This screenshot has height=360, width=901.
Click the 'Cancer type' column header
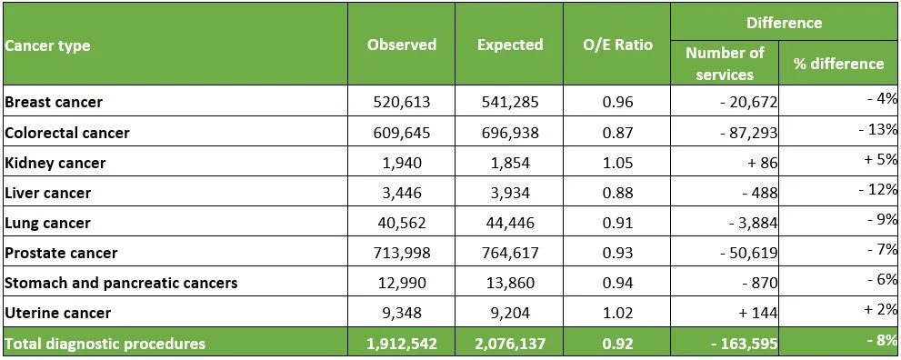point(47,45)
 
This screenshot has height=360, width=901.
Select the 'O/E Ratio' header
point(617,45)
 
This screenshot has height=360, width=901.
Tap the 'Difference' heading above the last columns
point(784,23)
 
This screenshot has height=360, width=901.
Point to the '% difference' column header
point(838,64)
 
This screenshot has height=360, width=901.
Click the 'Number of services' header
point(725,64)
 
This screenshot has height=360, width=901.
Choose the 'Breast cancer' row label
point(54,102)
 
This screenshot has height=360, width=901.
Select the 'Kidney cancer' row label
point(55,163)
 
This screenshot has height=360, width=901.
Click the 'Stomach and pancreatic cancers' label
point(121,283)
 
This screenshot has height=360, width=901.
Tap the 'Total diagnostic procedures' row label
point(105,344)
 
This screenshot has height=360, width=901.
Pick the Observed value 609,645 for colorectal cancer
point(401,133)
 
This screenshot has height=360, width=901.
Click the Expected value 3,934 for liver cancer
point(510,193)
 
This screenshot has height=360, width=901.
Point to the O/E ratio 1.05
point(617,163)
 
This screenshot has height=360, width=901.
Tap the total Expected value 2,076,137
point(510,344)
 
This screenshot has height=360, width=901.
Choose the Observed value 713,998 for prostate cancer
point(401,253)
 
